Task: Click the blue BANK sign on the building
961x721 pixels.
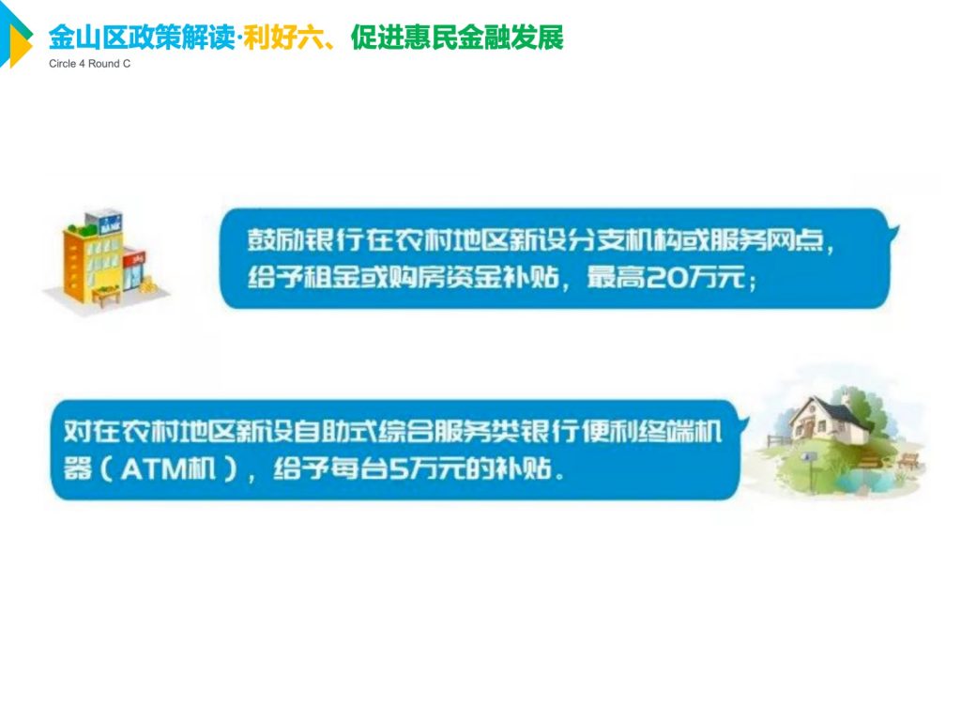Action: point(111,225)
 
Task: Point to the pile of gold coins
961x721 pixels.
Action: point(147,285)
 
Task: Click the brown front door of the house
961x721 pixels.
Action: point(809,429)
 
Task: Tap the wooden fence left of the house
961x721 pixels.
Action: point(779,440)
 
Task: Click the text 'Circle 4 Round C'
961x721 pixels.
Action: point(89,64)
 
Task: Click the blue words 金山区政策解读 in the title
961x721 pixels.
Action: point(141,38)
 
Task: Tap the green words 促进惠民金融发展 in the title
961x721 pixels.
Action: point(457,38)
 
